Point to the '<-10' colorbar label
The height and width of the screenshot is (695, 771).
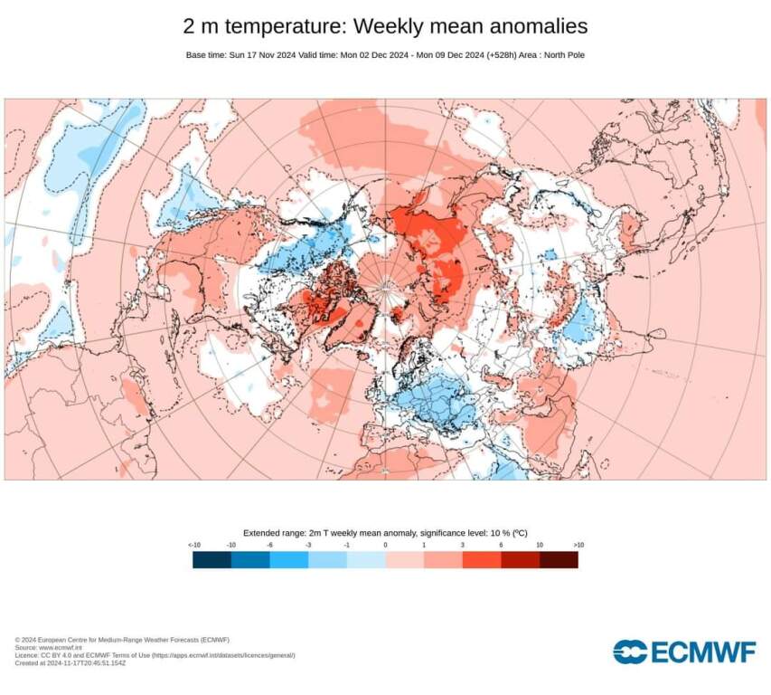pos(193,545)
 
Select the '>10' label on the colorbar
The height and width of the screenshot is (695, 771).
pos(578,545)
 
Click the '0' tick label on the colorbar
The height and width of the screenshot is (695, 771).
pos(385,545)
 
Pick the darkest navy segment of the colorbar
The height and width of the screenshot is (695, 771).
pos(212,560)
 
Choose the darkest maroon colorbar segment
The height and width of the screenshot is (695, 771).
pos(559,560)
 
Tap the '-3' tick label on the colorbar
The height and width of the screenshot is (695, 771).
pos(308,545)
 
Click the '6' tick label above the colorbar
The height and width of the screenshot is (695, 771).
pos(501,545)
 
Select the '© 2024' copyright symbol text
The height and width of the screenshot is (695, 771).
pos(27,640)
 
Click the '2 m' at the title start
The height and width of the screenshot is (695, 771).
pos(200,25)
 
